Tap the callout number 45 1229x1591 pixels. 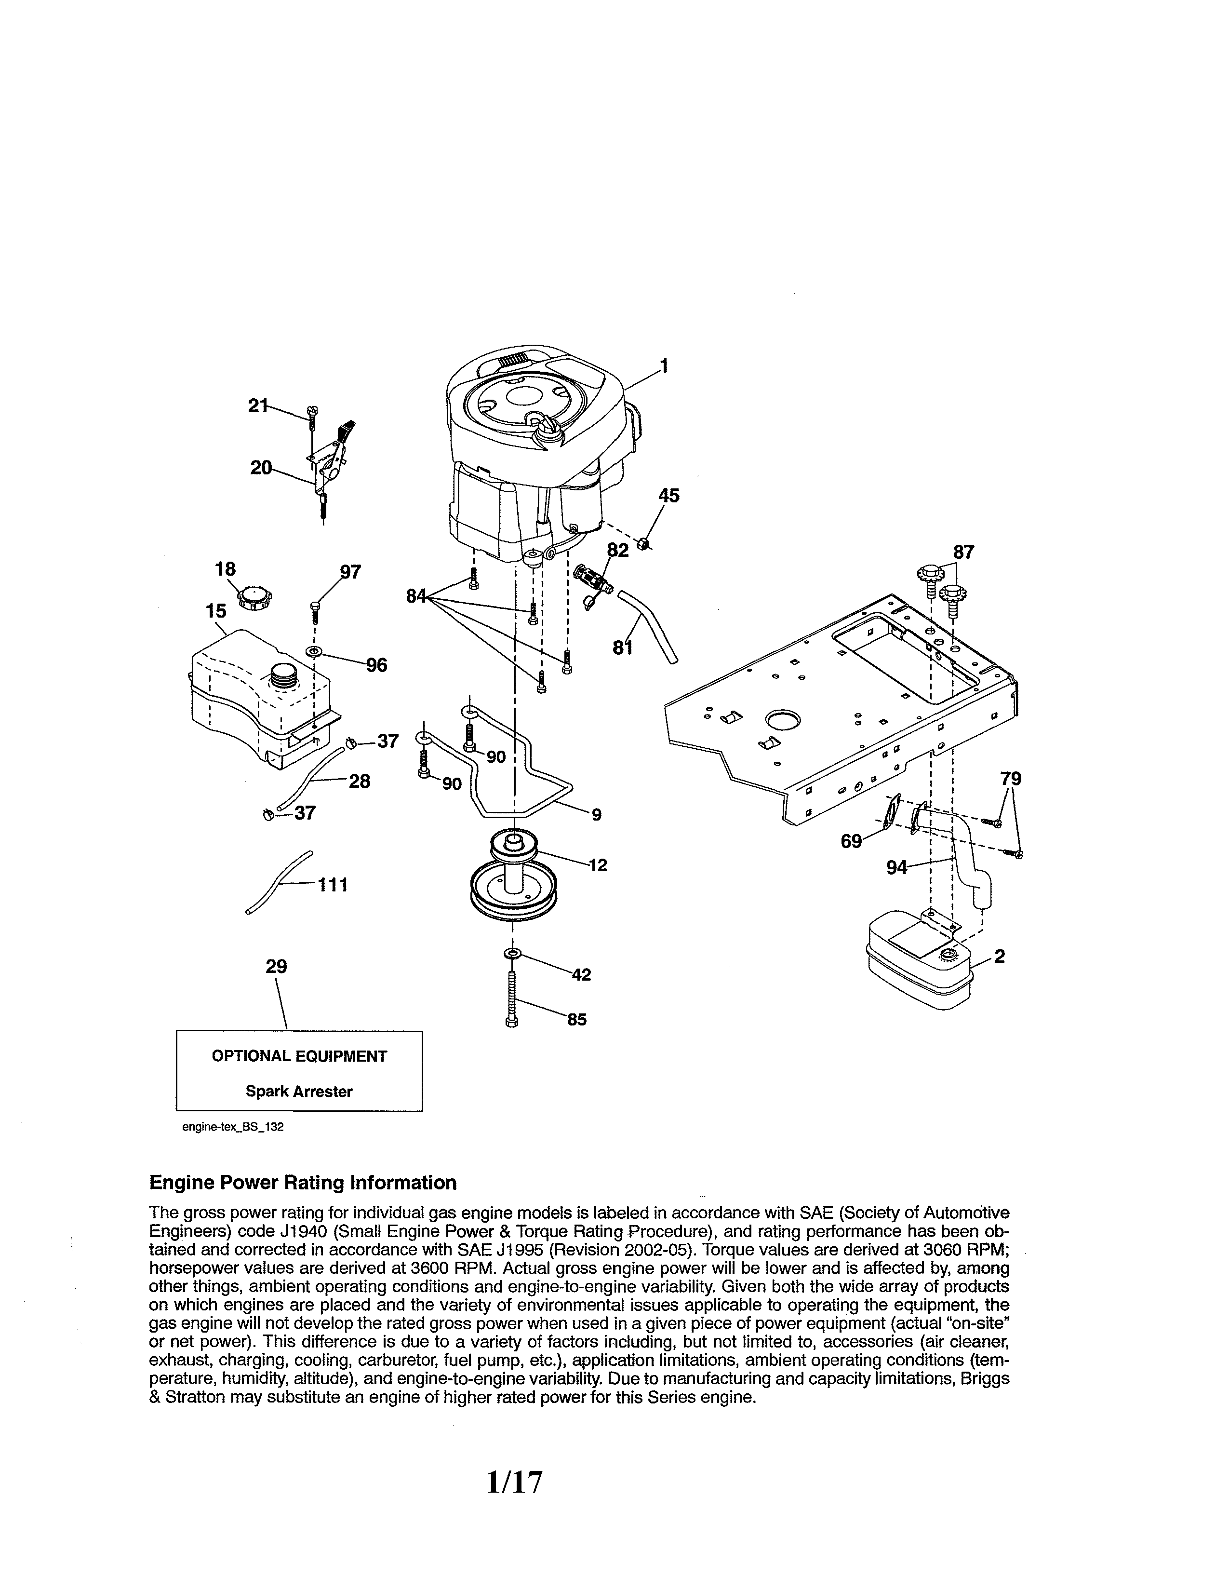[668, 495]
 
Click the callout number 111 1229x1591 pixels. [332, 885]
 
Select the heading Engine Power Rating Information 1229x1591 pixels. [303, 1182]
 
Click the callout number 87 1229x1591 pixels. [963, 552]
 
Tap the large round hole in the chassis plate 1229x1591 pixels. [783, 720]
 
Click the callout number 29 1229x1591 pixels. [276, 967]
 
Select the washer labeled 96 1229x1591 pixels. [314, 650]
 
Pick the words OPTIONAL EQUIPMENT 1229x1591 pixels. [299, 1056]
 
